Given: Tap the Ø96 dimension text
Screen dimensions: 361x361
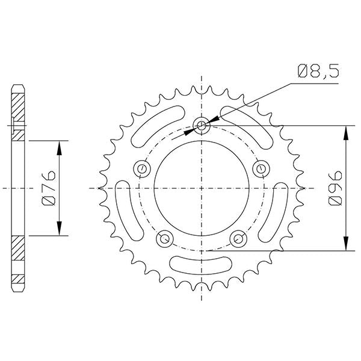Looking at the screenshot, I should click(x=335, y=188).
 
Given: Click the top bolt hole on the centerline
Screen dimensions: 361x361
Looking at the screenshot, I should click(x=202, y=126).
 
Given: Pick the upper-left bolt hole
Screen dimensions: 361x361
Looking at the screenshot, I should click(x=143, y=168).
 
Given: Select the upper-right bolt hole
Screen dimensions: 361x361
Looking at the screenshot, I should click(x=262, y=168).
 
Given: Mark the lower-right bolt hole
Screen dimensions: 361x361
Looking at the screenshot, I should click(x=239, y=239).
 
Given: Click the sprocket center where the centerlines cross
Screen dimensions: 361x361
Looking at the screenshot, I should click(x=202, y=188).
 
